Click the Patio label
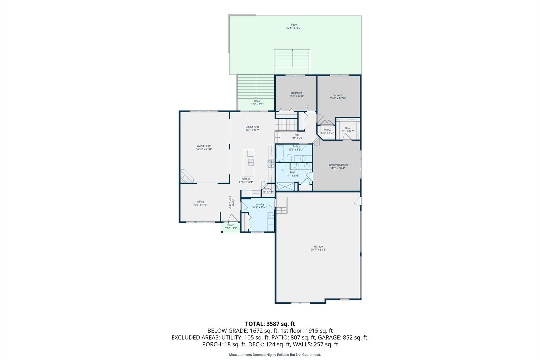(293, 25)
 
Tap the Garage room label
(318, 247)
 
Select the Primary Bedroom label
(337, 165)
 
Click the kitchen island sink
(250, 162)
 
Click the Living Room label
(204, 146)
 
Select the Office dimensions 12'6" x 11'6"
(200, 205)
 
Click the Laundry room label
(259, 204)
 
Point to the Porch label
(231, 225)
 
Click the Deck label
(257, 101)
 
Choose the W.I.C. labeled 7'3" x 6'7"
(348, 128)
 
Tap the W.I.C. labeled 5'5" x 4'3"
(327, 130)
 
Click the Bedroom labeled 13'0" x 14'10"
(338, 95)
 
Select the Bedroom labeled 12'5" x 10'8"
(296, 93)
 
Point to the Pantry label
(267, 189)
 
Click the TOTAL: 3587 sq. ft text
(270, 324)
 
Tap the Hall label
(297, 135)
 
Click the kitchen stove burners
(271, 163)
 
